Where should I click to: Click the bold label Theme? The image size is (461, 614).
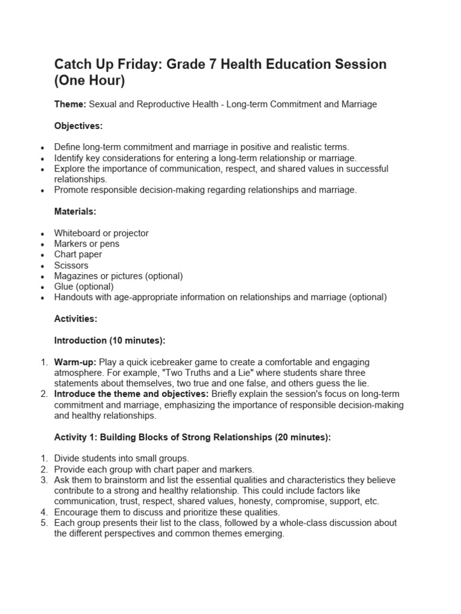(x=70, y=104)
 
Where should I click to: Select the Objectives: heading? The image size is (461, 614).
(x=79, y=126)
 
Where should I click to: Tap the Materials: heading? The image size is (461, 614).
(x=76, y=212)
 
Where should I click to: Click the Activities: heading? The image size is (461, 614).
(x=76, y=319)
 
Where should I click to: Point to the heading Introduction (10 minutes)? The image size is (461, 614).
(x=110, y=341)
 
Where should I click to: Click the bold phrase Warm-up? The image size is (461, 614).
(x=75, y=362)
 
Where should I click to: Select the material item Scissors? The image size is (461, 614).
(x=71, y=265)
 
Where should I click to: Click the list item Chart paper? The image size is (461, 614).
(x=78, y=254)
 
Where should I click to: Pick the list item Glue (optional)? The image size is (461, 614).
(x=83, y=287)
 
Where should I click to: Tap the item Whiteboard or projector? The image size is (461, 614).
(x=101, y=233)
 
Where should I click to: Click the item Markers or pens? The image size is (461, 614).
(x=86, y=243)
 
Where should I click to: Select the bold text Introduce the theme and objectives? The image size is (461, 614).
(x=131, y=394)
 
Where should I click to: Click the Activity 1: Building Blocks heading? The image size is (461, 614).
(x=192, y=437)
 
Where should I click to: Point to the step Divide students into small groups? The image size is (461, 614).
(x=121, y=458)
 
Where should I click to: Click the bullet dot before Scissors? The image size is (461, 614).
(x=41, y=266)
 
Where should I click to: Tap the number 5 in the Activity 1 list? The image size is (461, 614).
(x=43, y=523)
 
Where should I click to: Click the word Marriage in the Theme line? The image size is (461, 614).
(x=359, y=104)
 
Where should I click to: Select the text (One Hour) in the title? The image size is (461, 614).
(x=90, y=81)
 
